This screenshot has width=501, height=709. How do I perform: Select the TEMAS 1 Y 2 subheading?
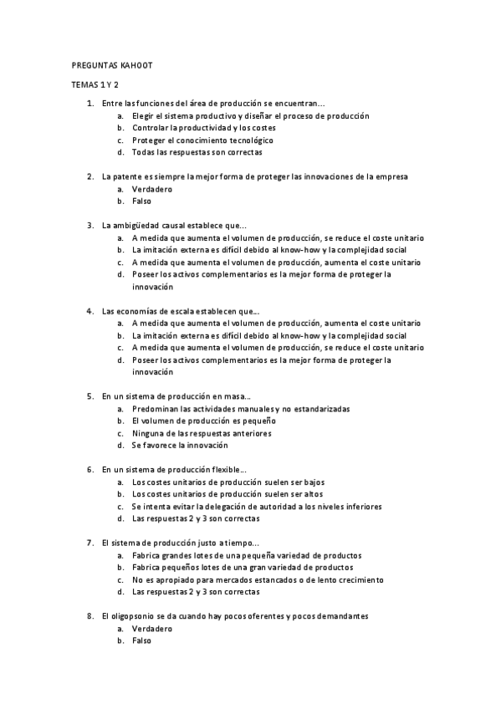coord(95,84)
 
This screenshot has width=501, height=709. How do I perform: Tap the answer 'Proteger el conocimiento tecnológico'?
coord(202,140)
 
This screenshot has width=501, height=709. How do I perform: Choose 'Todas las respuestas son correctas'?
coord(197,152)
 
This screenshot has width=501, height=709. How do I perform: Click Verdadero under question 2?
coord(151,189)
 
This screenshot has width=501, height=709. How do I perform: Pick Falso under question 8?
coord(141,640)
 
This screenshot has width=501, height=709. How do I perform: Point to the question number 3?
coord(89,225)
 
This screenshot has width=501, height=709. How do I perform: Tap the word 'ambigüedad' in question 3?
coord(139,225)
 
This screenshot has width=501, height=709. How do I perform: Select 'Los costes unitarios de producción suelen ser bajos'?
coord(228,482)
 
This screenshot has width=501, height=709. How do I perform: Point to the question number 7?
coord(89,543)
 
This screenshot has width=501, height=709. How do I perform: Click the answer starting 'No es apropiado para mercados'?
coord(258,579)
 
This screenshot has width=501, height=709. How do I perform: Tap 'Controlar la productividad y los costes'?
coord(204,128)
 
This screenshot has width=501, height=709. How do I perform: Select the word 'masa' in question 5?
coord(235,396)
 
